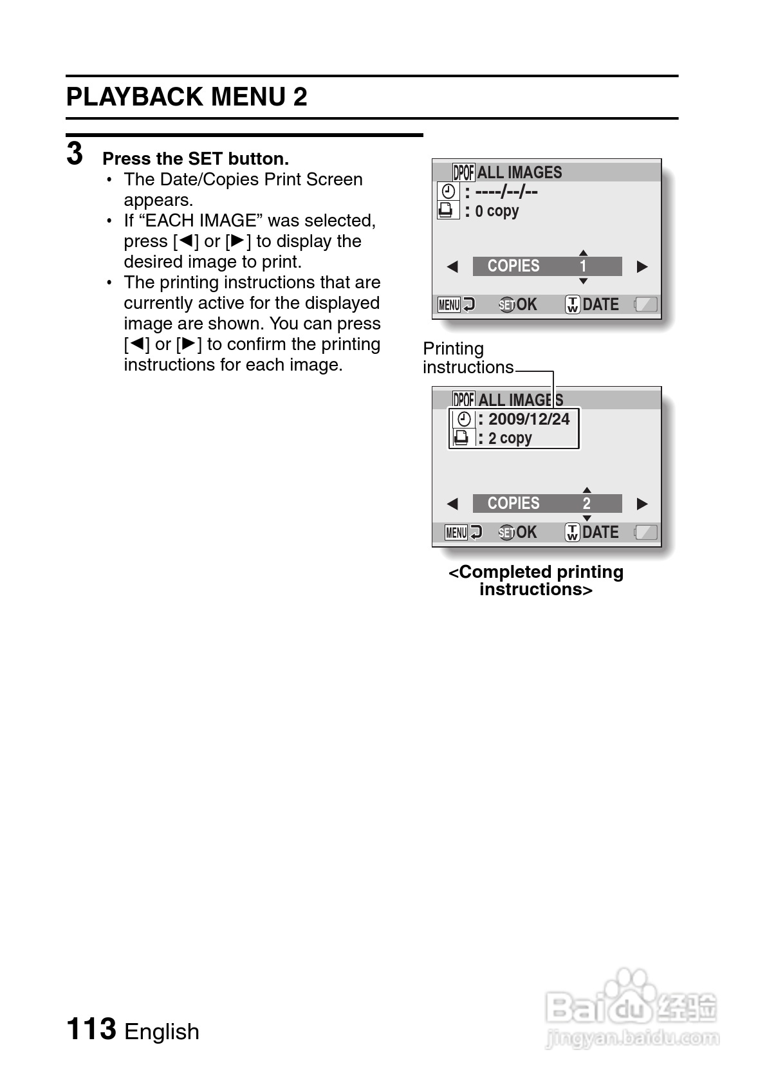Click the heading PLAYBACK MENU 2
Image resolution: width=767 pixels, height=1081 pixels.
pos(187,97)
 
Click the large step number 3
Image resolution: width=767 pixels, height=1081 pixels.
pos(75,154)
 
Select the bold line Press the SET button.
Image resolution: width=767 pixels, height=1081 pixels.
pos(196,159)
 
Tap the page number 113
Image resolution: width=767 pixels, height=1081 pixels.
pos(91,1028)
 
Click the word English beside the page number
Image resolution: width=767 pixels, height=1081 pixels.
pos(162,1031)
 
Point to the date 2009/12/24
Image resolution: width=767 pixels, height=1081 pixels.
pos(529,420)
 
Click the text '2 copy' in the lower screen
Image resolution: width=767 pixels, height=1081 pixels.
pos(510,438)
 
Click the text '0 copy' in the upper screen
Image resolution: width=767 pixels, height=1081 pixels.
pos(497,211)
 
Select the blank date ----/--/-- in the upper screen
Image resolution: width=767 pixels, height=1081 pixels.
pos(506,192)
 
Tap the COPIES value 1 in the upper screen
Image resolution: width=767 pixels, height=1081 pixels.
pos(583,266)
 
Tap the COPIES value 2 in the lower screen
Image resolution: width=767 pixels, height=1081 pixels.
pos(586,503)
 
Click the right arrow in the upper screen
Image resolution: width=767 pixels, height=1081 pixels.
pos(642,266)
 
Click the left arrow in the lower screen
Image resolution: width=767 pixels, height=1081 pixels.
pos(452,503)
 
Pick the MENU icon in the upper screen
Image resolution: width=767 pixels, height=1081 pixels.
pos(449,304)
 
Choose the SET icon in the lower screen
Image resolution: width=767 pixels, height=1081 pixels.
pos(506,533)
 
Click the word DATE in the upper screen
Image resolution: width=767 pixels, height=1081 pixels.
pos(600,304)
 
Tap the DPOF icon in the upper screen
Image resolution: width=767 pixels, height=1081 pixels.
pos(463,172)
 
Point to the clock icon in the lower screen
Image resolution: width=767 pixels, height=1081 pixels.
pos(464,420)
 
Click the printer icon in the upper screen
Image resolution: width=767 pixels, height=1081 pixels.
pos(446,210)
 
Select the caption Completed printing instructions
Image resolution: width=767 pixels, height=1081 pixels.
pos(536,580)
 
